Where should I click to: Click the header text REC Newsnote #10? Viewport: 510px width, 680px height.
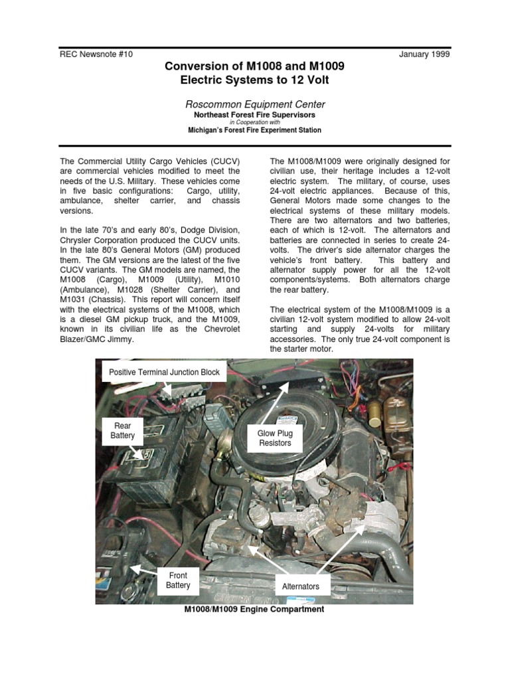coord(96,54)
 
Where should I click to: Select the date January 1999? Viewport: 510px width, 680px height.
coord(424,54)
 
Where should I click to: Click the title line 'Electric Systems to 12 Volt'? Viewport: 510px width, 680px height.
coord(255,80)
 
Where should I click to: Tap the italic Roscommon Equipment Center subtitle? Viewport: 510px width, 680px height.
coord(255,104)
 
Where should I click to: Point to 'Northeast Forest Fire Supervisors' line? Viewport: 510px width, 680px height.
coord(255,115)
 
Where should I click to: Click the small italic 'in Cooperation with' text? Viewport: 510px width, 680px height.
coord(255,123)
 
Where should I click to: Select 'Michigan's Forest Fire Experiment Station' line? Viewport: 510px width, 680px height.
coord(255,131)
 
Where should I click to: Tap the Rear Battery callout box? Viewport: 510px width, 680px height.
coord(122,430)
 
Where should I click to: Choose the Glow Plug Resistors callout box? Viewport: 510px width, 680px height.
coord(274,438)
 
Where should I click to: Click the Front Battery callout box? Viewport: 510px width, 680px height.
coord(178,580)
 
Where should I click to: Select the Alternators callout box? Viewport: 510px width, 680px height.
coord(300,586)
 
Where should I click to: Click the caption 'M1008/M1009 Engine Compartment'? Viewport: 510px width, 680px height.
coord(254,610)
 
